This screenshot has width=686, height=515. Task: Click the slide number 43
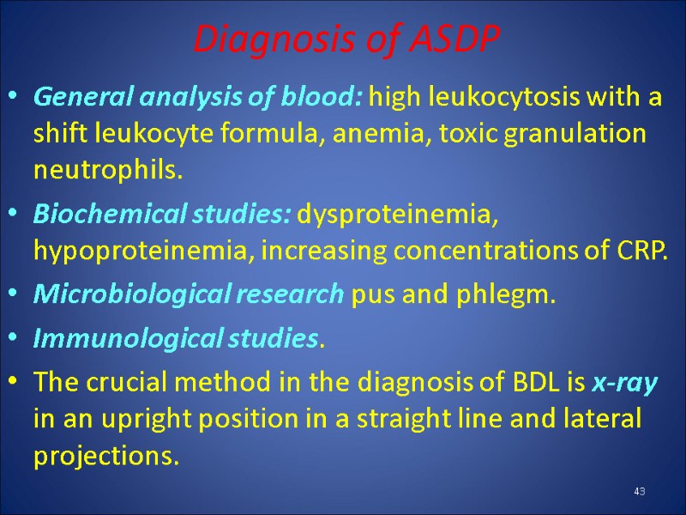tap(639, 491)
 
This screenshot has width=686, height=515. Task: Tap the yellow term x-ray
tap(624, 384)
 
